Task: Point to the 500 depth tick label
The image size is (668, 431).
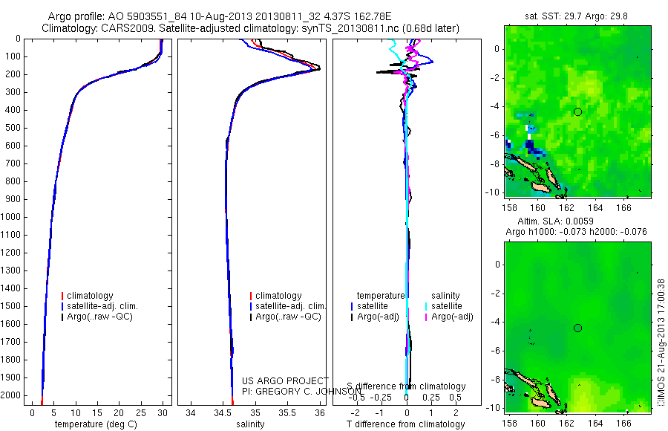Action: click(x=12, y=128)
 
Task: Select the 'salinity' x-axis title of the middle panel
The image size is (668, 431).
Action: click(x=251, y=424)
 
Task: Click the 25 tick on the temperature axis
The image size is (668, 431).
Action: click(x=141, y=412)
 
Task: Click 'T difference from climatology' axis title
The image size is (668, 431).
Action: click(x=406, y=424)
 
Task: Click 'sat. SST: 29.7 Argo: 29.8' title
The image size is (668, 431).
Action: click(x=577, y=16)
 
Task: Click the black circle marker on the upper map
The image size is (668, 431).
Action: click(x=577, y=111)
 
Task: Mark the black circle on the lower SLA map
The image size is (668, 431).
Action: click(x=577, y=328)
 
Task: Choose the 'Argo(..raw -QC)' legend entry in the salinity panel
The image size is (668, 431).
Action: click(x=288, y=317)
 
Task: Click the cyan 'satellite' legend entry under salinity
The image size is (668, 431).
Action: click(x=447, y=306)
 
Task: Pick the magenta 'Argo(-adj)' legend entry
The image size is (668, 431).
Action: click(x=452, y=317)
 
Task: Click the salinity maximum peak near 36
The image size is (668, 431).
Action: click(x=318, y=68)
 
